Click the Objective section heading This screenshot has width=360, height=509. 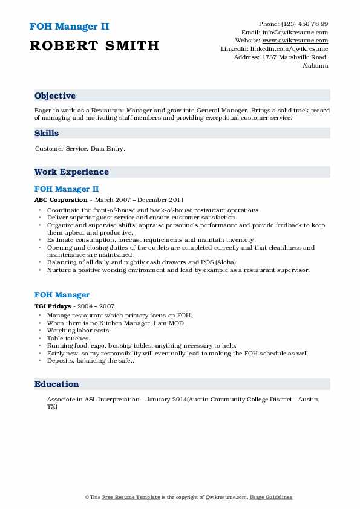(x=55, y=96)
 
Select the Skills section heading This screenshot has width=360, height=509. (x=47, y=132)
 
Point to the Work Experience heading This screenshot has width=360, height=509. (x=71, y=172)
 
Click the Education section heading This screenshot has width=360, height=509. (x=57, y=384)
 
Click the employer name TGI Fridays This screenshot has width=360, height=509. (x=53, y=306)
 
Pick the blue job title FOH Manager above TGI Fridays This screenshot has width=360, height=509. (x=62, y=295)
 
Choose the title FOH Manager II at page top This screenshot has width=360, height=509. (x=68, y=27)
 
